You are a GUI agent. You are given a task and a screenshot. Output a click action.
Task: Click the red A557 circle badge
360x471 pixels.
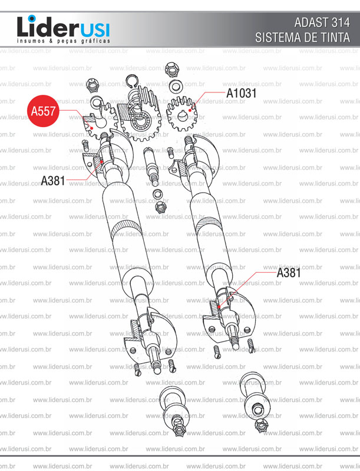pos(43,111)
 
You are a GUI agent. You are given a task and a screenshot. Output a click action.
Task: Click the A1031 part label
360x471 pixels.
pos(242,93)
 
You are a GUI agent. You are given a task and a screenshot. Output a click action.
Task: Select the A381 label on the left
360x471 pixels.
pos(53,181)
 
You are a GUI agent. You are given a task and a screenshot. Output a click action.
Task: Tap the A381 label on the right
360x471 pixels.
pos(289,273)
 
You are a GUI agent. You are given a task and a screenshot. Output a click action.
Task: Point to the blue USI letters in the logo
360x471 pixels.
pos(95,30)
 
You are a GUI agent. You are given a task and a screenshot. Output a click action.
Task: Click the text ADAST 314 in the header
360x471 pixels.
pos(322,22)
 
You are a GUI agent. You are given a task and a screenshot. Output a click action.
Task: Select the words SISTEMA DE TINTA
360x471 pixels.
pos(303,38)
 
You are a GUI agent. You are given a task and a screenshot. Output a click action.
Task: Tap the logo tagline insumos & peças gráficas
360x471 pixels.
pos(64,41)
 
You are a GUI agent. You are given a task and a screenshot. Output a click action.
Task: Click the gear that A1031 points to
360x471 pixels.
pos(182,112)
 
